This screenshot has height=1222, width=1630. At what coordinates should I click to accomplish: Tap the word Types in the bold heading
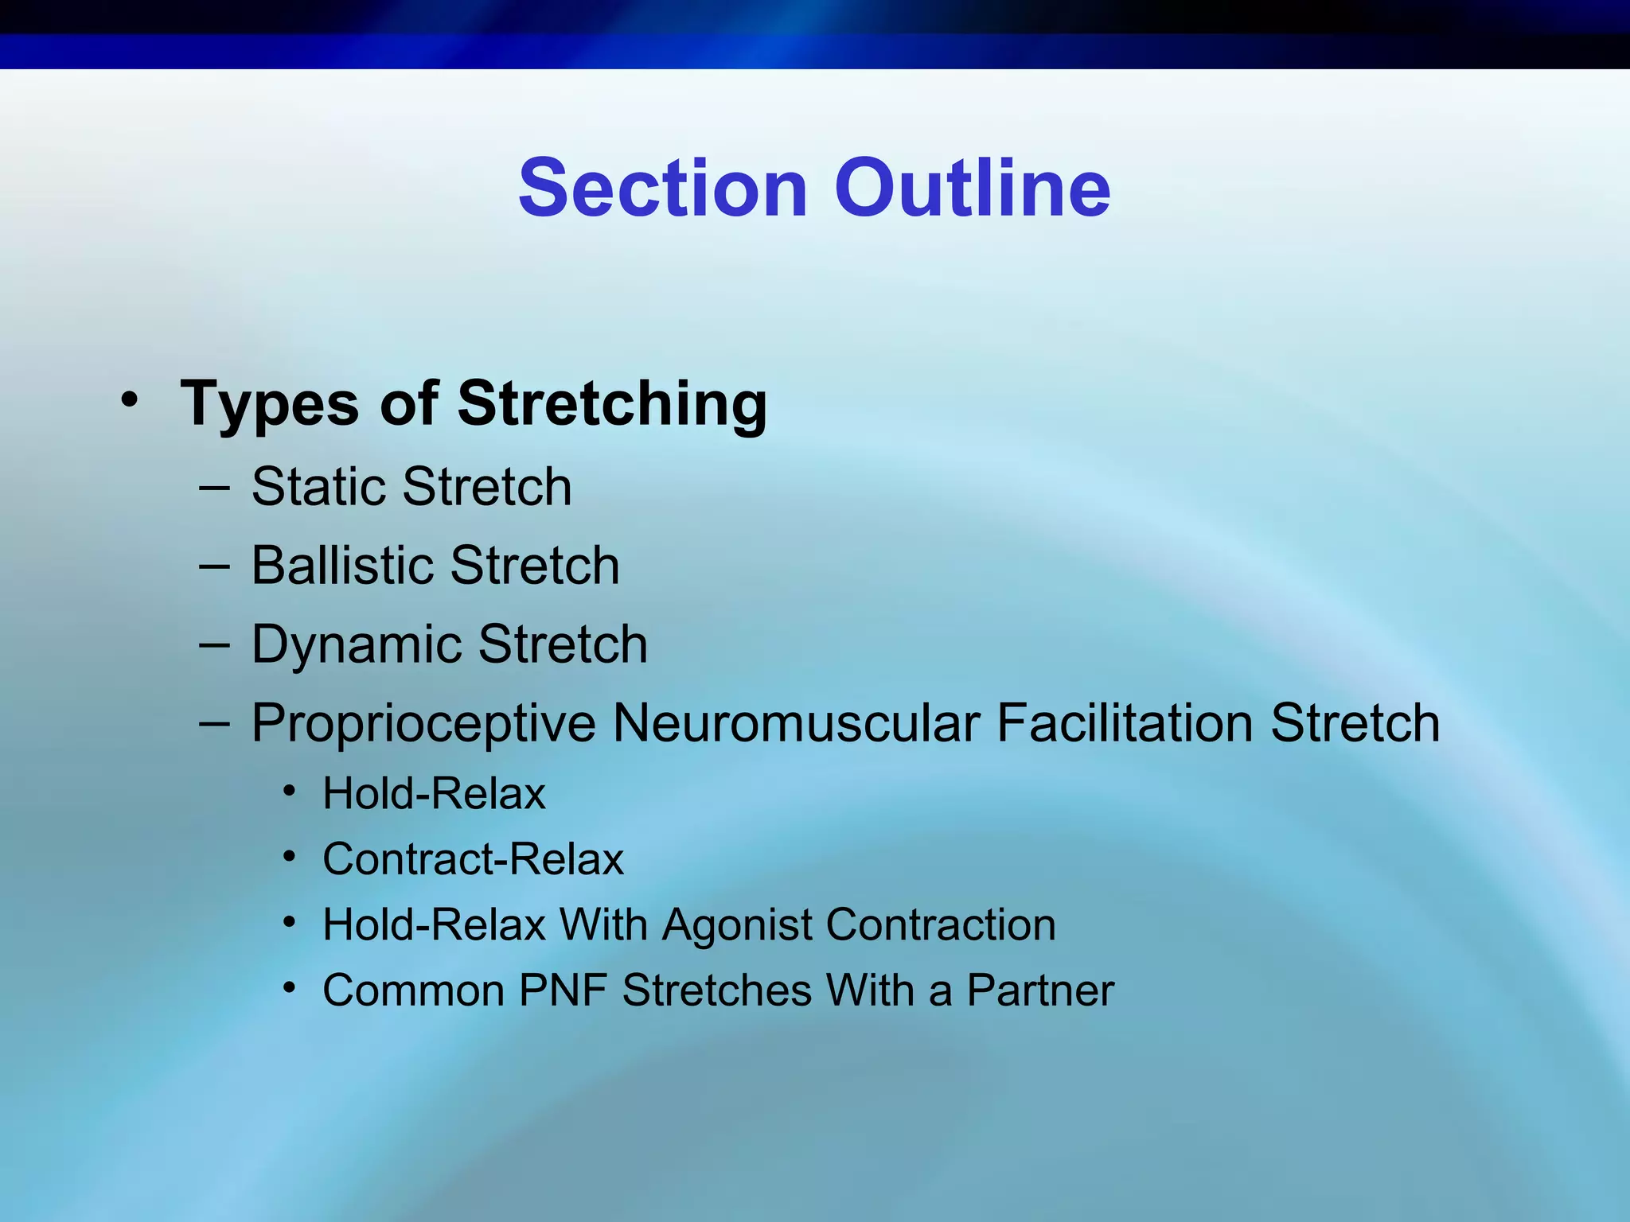coord(270,404)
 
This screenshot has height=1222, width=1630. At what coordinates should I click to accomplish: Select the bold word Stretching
coord(612,404)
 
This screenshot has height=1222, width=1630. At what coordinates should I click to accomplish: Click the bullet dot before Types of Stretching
coord(130,399)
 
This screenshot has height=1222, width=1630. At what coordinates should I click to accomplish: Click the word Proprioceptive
coord(423,724)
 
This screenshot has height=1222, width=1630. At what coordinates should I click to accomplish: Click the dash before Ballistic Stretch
coord(214,566)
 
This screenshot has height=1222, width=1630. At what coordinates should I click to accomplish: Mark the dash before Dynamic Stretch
coord(214,644)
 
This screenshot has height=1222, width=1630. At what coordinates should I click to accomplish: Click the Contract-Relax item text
coord(473,859)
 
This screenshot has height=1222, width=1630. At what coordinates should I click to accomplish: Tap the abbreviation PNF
coord(563,990)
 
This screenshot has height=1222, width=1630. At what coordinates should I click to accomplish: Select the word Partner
coord(1040,990)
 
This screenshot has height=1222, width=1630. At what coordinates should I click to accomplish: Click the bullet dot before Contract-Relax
coord(291,858)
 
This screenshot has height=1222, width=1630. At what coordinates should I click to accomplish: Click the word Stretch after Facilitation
coord(1355,723)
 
